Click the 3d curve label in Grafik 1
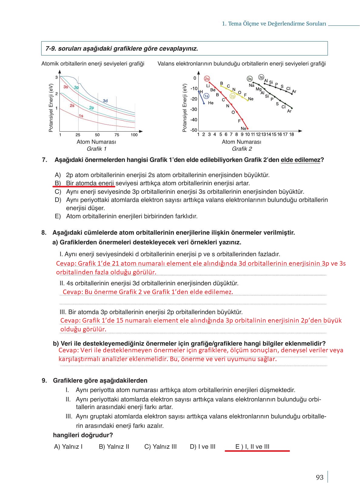tap(105, 101)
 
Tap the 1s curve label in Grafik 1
tap(81, 116)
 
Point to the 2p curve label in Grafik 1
tap(91, 108)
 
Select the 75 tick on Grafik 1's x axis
tap(117, 135)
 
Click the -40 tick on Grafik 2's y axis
tap(194, 120)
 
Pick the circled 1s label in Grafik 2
tap(206, 96)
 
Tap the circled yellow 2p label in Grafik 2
tap(232, 96)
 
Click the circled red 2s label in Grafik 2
tap(207, 79)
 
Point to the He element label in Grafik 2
tap(211, 103)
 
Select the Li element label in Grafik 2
tap(208, 86)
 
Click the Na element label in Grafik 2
tap(251, 86)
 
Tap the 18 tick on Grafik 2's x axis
tap(291, 134)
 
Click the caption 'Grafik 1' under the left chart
tap(96, 149)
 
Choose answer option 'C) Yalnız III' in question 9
tap(160, 447)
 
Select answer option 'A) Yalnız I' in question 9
tap(68, 447)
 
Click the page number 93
tap(320, 478)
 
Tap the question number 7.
tap(45, 160)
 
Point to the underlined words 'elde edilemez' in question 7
tap(300, 160)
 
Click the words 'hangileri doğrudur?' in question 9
tap(83, 435)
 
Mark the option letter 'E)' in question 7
tap(58, 216)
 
